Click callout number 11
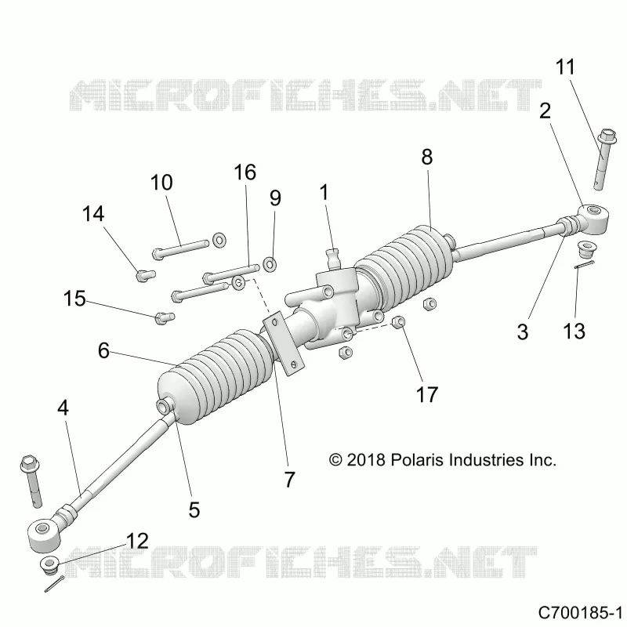pyautogui.click(x=565, y=67)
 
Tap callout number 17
pyautogui.click(x=427, y=394)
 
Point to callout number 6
pyautogui.click(x=103, y=350)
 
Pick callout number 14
pyautogui.click(x=93, y=213)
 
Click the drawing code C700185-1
pyautogui.click(x=580, y=612)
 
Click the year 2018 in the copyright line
pyautogui.click(x=365, y=460)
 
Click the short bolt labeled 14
pyautogui.click(x=145, y=275)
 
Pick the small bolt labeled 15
pyautogui.click(x=165, y=317)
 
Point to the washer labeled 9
pyautogui.click(x=270, y=264)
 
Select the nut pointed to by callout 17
pyautogui.click(x=399, y=321)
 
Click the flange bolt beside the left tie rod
pyautogui.click(x=31, y=481)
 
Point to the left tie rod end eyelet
pyautogui.click(x=43, y=535)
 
